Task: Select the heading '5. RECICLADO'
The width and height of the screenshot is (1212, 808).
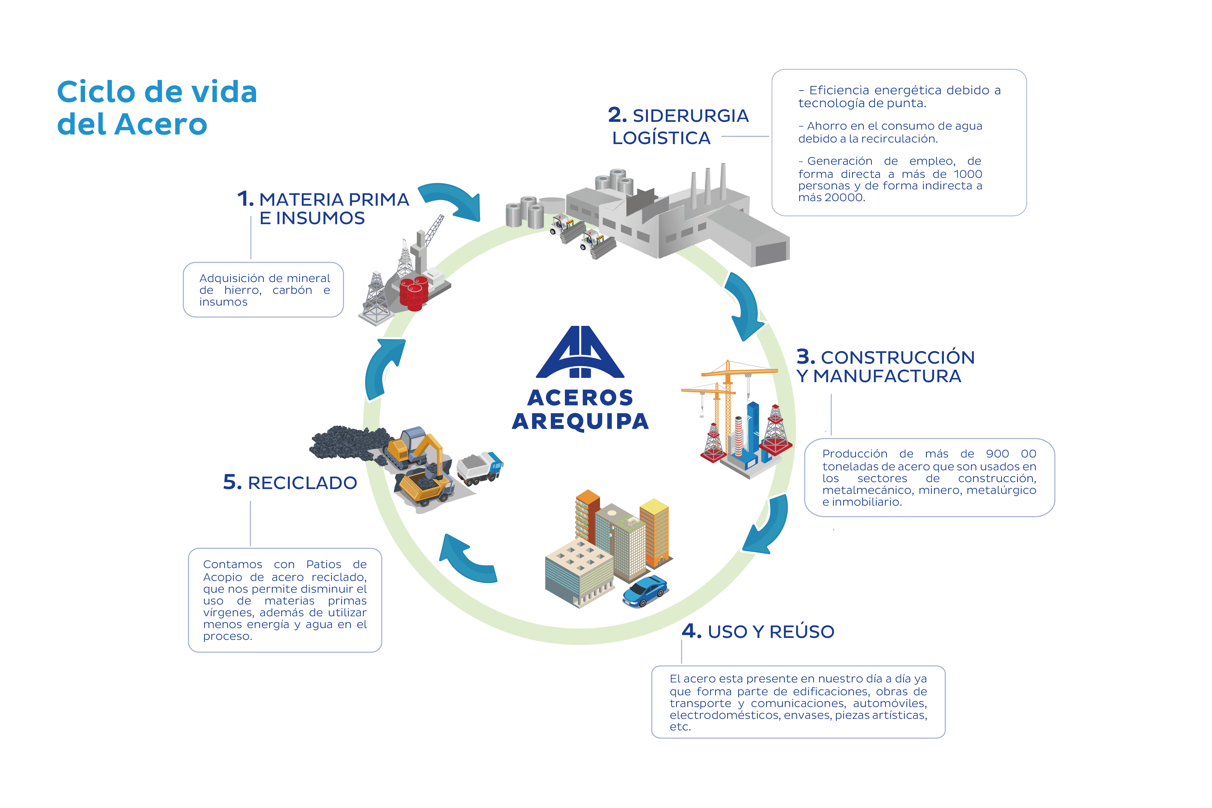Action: click(290, 483)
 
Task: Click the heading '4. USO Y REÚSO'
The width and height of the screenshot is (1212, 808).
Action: click(757, 631)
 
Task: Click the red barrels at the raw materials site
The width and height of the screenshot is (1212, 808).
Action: click(414, 294)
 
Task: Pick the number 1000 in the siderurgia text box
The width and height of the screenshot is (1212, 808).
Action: click(967, 174)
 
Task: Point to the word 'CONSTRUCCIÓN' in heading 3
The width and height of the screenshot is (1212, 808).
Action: click(897, 358)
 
